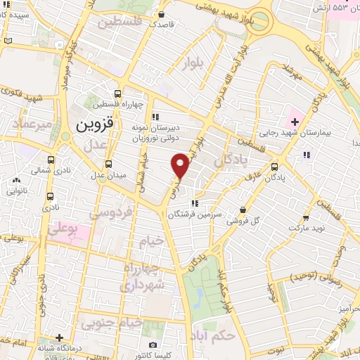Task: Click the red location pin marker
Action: click(x=181, y=165)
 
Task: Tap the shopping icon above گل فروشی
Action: click(x=243, y=209)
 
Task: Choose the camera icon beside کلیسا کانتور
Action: click(x=153, y=345)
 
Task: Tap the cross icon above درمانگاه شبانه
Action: click(x=60, y=338)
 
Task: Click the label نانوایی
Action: click(x=18, y=191)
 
